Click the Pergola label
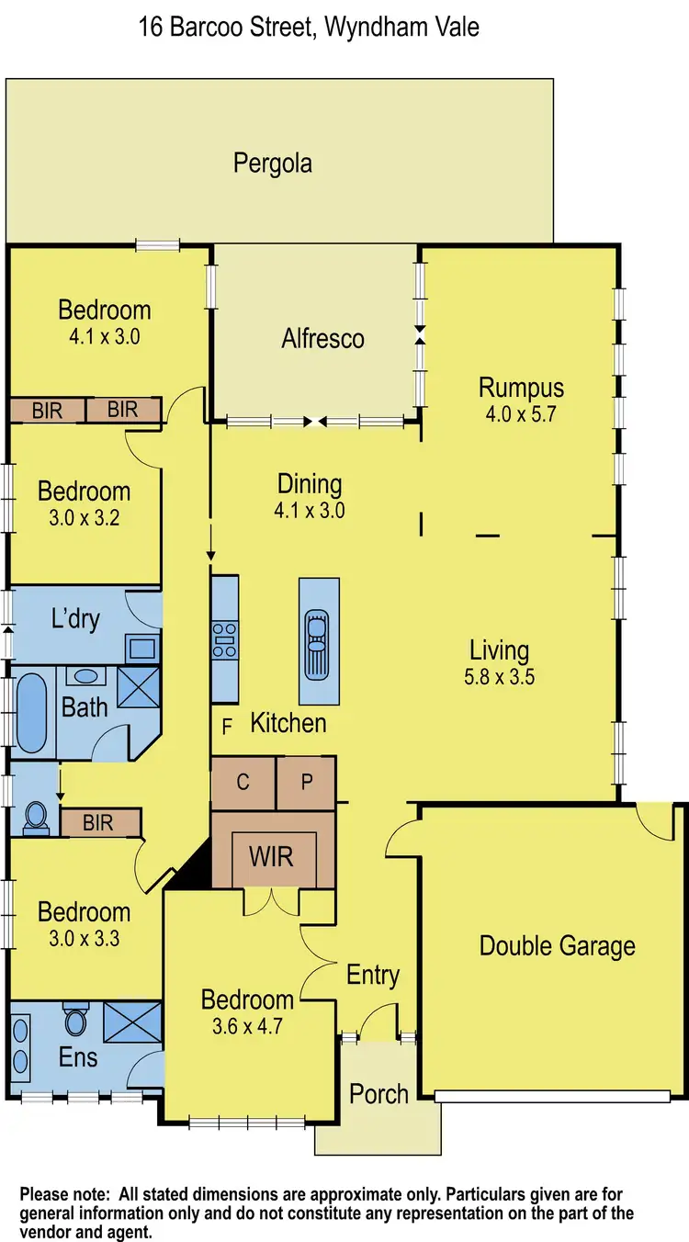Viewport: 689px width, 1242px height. (273, 164)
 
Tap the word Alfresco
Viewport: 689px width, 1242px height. (322, 338)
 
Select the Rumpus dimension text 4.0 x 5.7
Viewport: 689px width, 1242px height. (521, 413)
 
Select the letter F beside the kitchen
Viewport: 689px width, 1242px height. (226, 728)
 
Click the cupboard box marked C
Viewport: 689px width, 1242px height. (243, 783)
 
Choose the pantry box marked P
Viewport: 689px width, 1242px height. (307, 783)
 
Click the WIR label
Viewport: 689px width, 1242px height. (272, 857)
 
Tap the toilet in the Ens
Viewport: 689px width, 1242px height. (75, 1022)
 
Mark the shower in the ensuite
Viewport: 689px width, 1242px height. (132, 1021)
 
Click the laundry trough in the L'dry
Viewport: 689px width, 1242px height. (142, 649)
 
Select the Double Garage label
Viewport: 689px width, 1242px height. (558, 945)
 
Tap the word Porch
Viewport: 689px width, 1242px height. (378, 1094)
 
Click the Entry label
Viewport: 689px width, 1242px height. (372, 975)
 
